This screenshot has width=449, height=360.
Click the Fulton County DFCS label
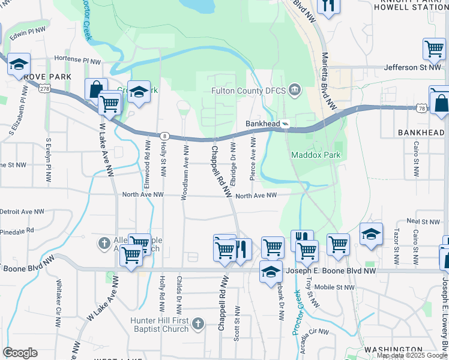tap(249, 91)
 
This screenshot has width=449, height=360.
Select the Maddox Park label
tap(316, 155)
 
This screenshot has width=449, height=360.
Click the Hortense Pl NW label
tap(78, 61)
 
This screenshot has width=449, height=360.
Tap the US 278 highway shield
tap(44, 89)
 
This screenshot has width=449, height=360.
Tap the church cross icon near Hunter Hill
tap(199, 325)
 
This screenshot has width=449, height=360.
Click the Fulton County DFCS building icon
tap(295, 91)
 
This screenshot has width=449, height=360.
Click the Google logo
tap(20, 353)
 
